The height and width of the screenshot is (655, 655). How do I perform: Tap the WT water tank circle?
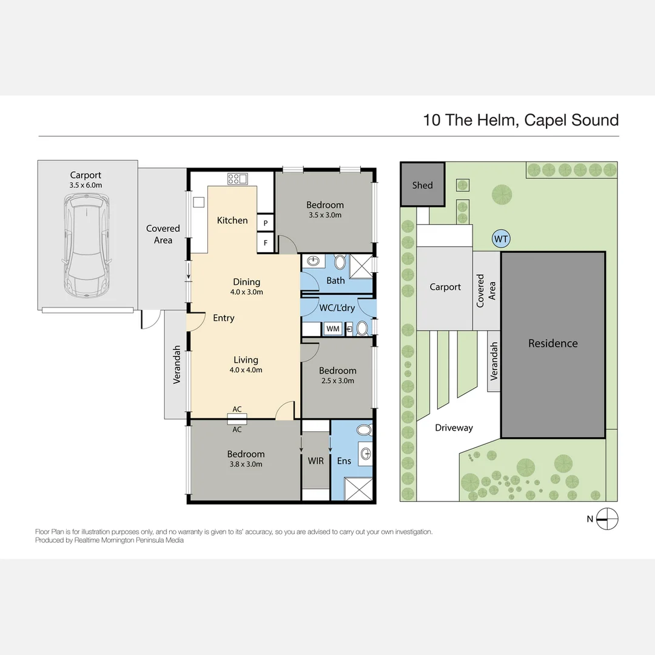coord(501,239)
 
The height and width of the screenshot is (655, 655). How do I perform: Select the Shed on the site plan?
coord(422,185)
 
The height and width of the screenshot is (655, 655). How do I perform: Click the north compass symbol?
coord(607,519)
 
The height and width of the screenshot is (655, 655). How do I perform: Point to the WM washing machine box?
coord(333,329)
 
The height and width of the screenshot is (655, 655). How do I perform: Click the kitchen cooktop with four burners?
coord(237,178)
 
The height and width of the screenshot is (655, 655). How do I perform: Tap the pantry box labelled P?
coord(265,223)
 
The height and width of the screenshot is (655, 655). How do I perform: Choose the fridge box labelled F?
coord(265,244)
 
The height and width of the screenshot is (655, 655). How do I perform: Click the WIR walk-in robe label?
coord(315,461)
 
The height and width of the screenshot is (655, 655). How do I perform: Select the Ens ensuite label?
coord(344,461)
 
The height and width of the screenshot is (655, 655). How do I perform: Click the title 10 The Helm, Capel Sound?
coord(520,119)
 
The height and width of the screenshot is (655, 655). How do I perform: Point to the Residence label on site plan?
coord(553,343)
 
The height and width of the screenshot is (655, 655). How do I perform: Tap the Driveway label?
coord(454,428)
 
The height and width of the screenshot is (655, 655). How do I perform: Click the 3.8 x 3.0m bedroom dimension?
coord(246,465)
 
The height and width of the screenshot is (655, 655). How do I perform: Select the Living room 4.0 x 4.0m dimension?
coord(246,370)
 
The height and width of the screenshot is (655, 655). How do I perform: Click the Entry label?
coord(223,318)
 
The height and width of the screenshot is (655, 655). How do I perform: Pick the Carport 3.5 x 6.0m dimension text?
coord(86,186)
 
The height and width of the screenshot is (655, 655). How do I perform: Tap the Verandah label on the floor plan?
coord(177,364)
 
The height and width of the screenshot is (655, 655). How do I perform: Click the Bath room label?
coord(335,280)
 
